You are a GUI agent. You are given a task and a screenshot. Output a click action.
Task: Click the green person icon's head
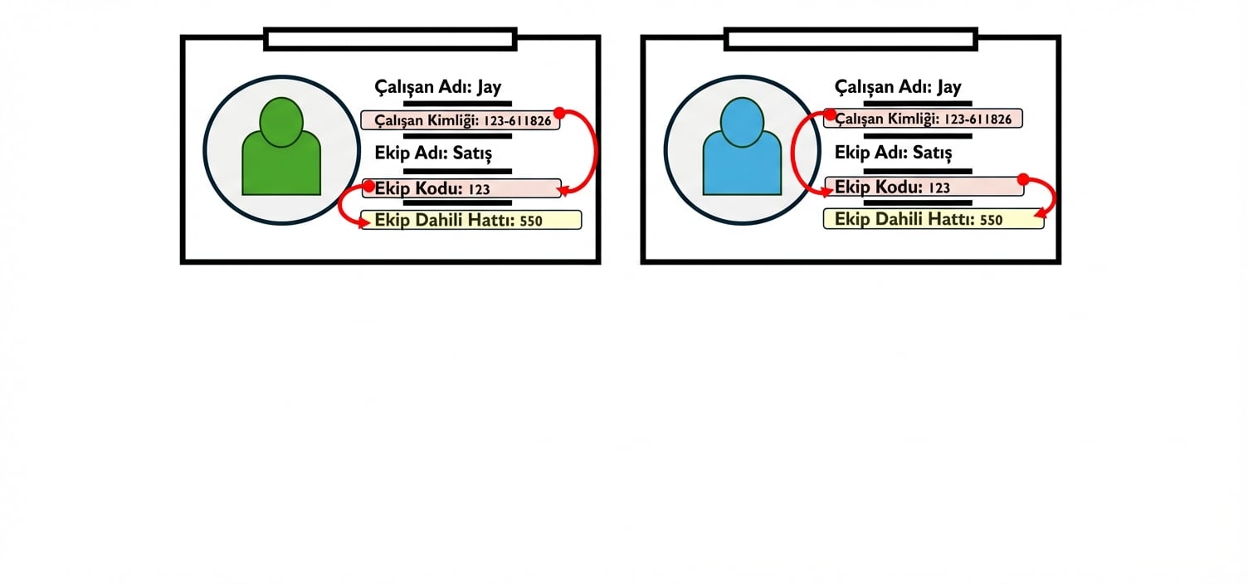(x=281, y=122)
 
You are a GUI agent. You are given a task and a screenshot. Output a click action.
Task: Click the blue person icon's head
(x=742, y=122)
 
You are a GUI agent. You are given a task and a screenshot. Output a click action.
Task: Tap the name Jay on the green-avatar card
(x=484, y=87)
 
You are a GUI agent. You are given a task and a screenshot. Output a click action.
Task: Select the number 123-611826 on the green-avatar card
(x=517, y=121)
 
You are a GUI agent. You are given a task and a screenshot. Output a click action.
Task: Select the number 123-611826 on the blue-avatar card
(x=977, y=119)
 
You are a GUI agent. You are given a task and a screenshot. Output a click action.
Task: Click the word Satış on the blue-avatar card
(x=934, y=153)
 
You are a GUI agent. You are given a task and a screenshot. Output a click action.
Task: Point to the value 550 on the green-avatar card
(x=531, y=221)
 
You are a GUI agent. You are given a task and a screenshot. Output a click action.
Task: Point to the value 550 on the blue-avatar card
(x=991, y=221)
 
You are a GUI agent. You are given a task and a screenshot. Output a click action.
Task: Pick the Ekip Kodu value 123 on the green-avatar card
(x=480, y=189)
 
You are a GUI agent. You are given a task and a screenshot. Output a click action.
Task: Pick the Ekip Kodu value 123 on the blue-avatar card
(x=939, y=188)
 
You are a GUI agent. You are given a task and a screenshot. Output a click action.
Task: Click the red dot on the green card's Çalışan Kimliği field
(x=559, y=113)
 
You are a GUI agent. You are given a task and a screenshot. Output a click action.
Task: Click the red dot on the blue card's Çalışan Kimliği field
(x=830, y=114)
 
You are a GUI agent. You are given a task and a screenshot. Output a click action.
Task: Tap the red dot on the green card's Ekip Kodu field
(x=369, y=187)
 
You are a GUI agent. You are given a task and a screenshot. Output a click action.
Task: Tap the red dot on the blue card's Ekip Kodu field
(x=1023, y=179)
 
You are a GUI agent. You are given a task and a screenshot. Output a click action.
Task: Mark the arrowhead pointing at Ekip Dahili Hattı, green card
(x=365, y=222)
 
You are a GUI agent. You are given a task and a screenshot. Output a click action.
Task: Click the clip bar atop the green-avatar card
(x=390, y=39)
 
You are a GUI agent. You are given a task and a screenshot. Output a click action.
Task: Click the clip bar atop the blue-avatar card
(x=851, y=39)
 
